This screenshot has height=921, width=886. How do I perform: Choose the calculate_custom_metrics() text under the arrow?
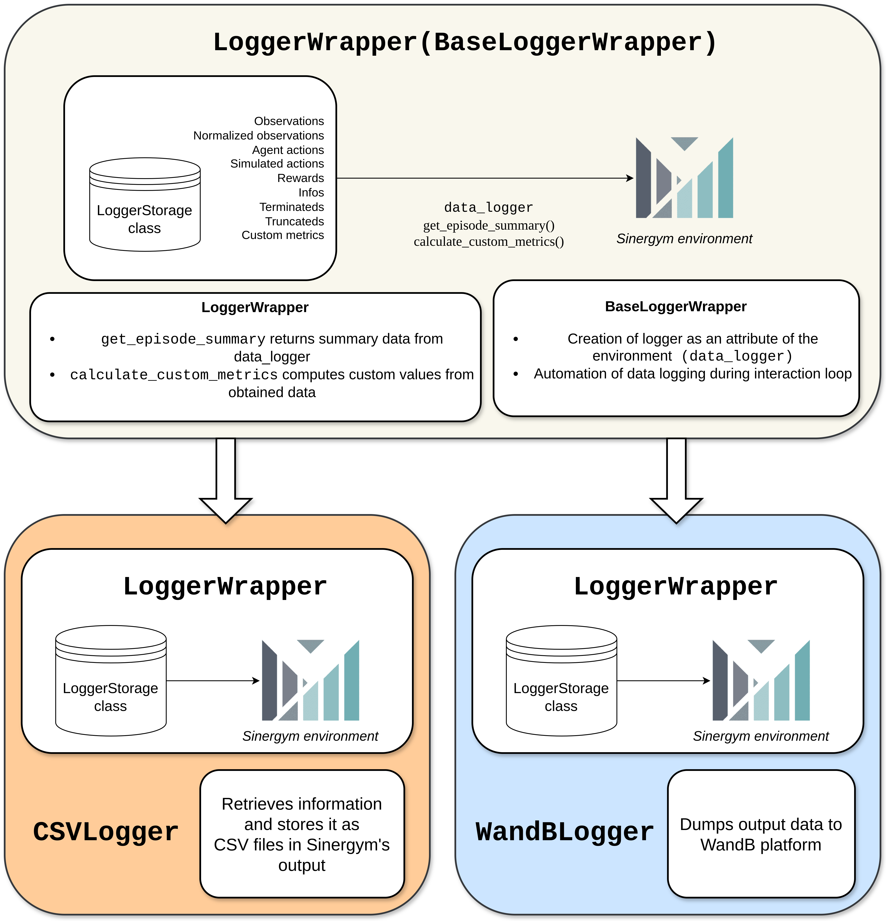click(488, 242)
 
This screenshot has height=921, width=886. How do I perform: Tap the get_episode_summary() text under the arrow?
click(488, 226)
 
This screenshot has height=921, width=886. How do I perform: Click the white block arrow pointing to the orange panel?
click(226, 479)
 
